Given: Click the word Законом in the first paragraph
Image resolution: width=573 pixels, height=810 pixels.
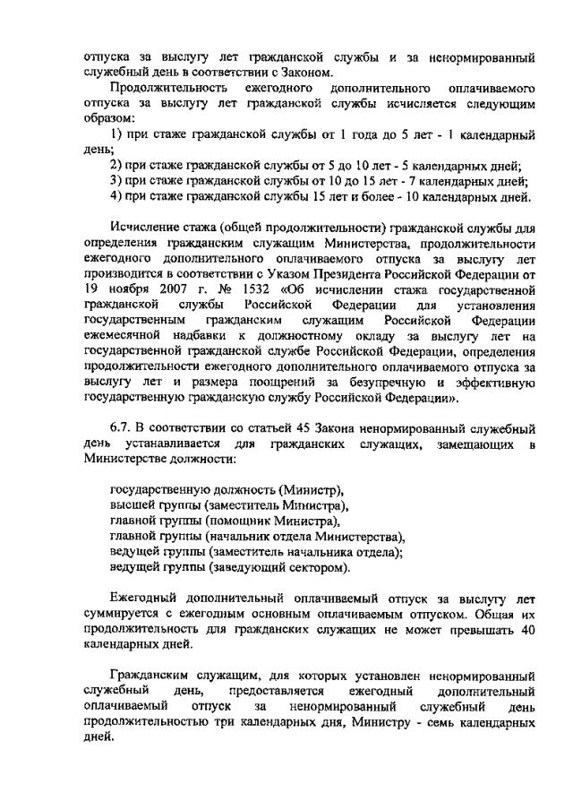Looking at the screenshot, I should click(x=304, y=73).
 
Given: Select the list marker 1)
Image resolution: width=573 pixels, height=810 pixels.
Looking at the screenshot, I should click(x=115, y=135).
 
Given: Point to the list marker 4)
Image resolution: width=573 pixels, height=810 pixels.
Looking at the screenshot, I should click(x=115, y=197).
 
